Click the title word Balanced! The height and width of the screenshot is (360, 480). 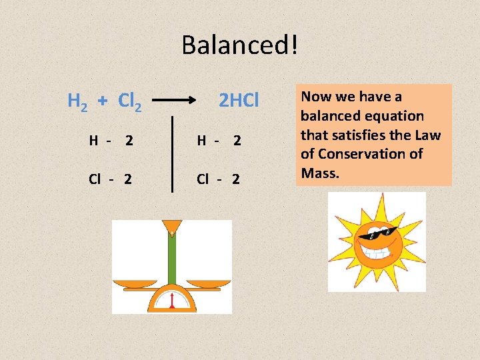click(240, 45)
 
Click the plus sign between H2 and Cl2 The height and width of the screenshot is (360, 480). click(103, 101)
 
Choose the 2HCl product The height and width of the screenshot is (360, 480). click(239, 101)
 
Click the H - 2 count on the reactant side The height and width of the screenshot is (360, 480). click(111, 141)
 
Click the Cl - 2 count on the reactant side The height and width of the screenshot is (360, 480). click(111, 179)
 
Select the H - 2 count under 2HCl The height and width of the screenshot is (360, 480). click(219, 141)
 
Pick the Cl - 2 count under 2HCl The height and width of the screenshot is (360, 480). click(219, 179)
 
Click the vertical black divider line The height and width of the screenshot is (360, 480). click(173, 153)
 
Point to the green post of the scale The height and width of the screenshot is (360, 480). click(172, 260)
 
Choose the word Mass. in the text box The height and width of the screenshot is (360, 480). click(321, 173)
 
